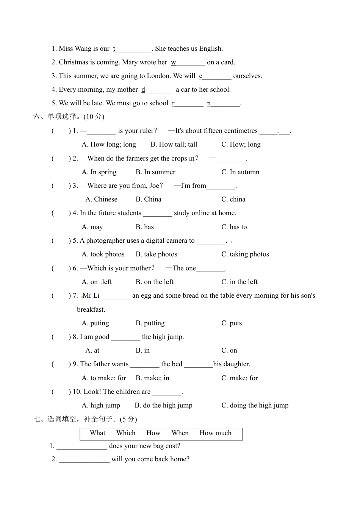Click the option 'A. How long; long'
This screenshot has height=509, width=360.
109,144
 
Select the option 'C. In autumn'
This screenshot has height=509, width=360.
240,172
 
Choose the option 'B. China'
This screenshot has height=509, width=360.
149,199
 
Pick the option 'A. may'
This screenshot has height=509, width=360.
92,227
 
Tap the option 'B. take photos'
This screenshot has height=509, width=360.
157,254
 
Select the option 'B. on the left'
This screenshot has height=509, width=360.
155,282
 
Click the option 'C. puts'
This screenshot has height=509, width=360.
232,323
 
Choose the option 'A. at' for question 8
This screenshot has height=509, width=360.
92,350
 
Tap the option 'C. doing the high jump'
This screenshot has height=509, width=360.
255,405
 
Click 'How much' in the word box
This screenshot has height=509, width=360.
215,433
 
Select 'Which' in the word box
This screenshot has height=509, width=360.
126,433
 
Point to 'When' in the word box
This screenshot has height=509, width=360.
180,433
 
